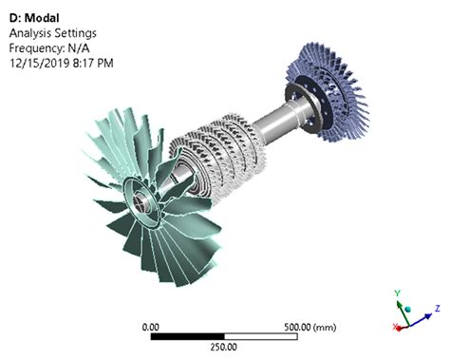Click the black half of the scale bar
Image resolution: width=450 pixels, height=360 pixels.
188,336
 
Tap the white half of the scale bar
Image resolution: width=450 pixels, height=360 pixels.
260,336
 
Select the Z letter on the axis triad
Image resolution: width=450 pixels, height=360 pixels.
438,308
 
